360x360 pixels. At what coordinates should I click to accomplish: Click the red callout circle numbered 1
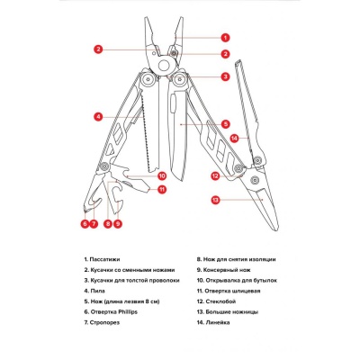pos(225,38)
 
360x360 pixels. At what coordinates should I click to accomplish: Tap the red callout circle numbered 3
pos(225,76)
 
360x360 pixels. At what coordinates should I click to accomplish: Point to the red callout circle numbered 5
pos(225,122)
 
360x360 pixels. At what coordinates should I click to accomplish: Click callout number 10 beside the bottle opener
pos(162,175)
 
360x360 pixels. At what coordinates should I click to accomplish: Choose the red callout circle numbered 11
pos(162,190)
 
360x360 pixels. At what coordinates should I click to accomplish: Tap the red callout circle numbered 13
pos(216,199)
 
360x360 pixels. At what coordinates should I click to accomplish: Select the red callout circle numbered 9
pos(119,222)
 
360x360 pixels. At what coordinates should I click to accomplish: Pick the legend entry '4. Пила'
pos(94,291)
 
